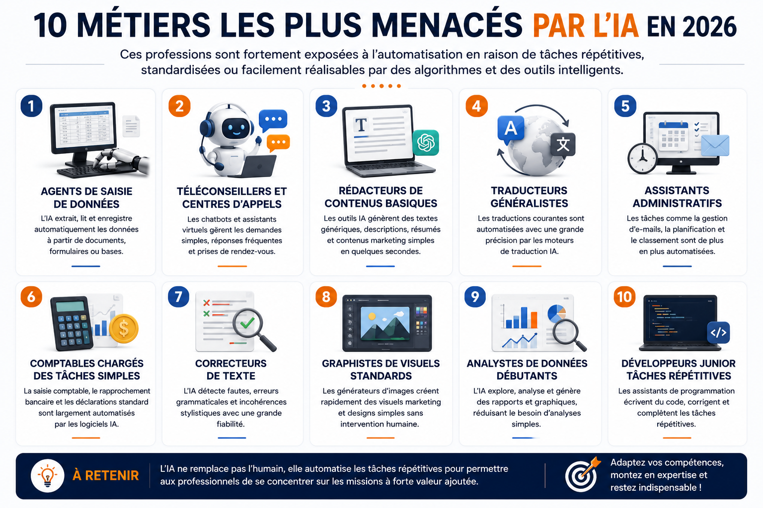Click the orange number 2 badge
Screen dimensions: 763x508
(x=179, y=106)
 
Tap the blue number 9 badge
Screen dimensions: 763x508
(x=475, y=297)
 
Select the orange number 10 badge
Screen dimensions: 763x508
(x=624, y=297)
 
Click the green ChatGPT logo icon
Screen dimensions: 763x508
(x=426, y=142)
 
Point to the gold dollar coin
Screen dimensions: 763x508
(x=124, y=329)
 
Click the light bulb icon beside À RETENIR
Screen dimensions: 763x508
(x=47, y=475)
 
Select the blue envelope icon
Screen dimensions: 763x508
(x=715, y=146)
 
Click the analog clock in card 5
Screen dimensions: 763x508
(x=642, y=159)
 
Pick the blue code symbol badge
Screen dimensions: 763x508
(x=718, y=332)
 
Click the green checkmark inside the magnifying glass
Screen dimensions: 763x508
(x=247, y=322)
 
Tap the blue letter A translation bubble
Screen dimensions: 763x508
(x=511, y=129)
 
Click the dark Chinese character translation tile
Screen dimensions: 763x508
(x=563, y=144)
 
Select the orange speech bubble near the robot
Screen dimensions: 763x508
(x=278, y=143)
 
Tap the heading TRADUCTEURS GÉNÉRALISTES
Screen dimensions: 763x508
(x=529, y=196)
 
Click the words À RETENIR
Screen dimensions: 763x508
(x=106, y=475)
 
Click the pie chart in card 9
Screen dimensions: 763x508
(x=556, y=314)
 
